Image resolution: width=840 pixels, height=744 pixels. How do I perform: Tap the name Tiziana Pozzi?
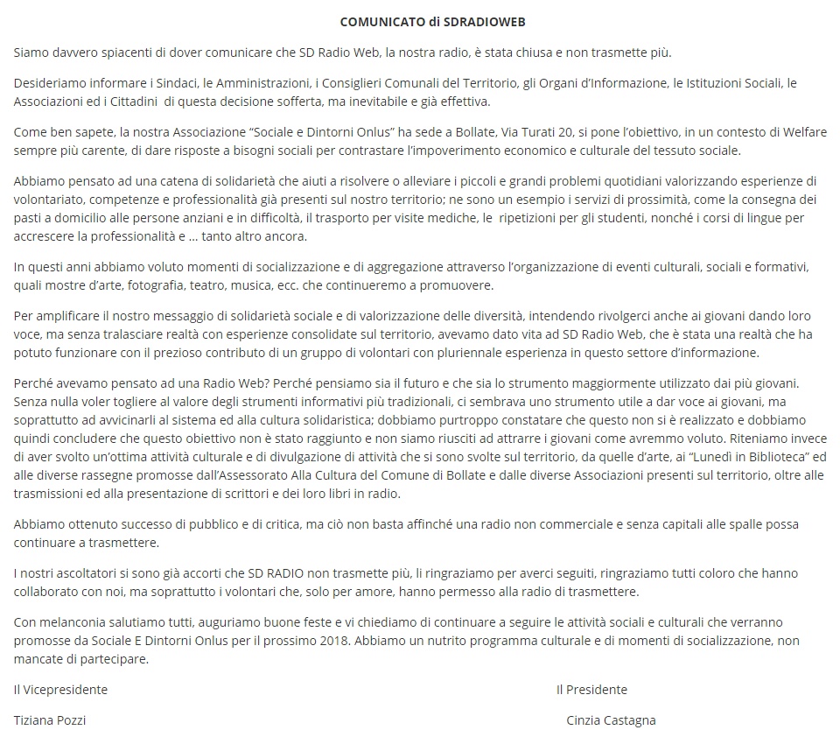[50, 720]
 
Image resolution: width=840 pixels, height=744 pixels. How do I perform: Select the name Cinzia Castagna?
[611, 720]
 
